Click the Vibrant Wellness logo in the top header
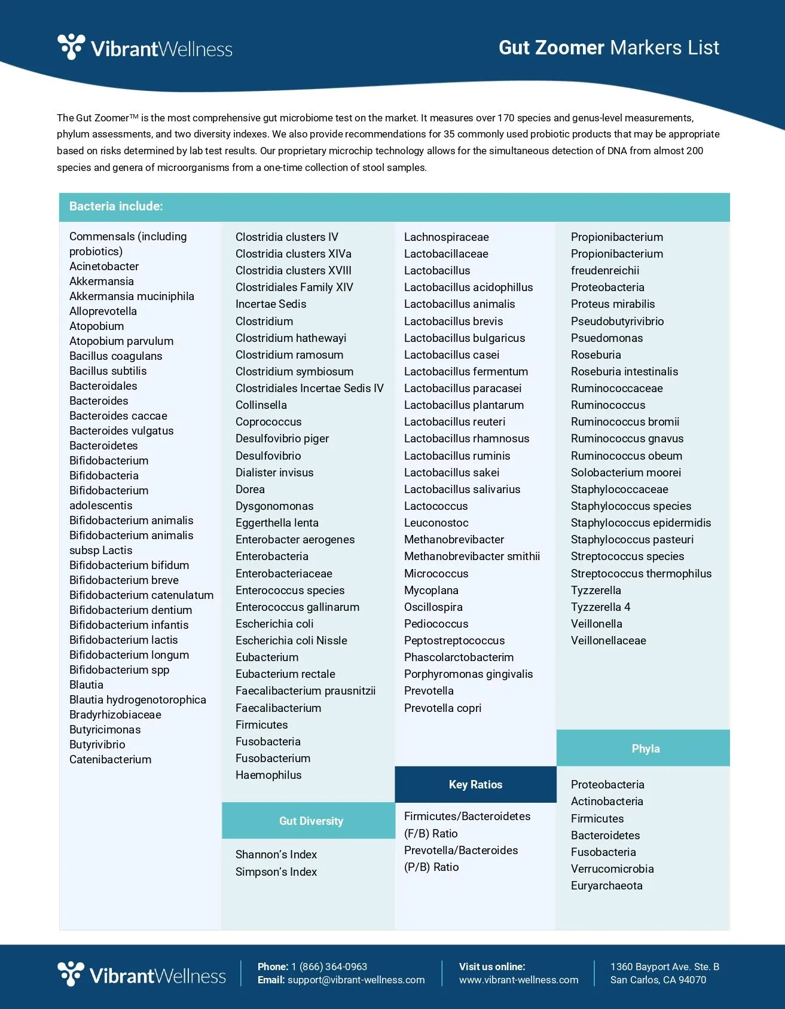click(x=145, y=48)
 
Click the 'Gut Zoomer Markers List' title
click(x=609, y=48)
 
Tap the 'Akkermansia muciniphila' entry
click(x=132, y=296)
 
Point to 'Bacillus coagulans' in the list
click(x=115, y=356)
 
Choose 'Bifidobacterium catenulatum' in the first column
click(x=141, y=595)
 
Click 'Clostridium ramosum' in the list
click(x=289, y=355)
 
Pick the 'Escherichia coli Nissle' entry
click(x=291, y=641)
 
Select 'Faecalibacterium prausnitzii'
click(x=306, y=691)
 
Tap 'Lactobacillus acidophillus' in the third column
click(x=468, y=288)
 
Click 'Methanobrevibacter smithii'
click(x=472, y=557)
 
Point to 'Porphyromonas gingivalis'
click(x=468, y=674)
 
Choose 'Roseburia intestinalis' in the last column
click(x=624, y=372)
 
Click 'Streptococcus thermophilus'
click(x=641, y=574)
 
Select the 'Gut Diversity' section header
click(x=311, y=821)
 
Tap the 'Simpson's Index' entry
click(x=276, y=872)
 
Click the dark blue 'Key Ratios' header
click(x=475, y=785)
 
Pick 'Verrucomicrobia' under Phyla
click(x=612, y=869)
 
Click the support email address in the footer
click(x=356, y=980)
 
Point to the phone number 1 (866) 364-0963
click(x=329, y=967)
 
